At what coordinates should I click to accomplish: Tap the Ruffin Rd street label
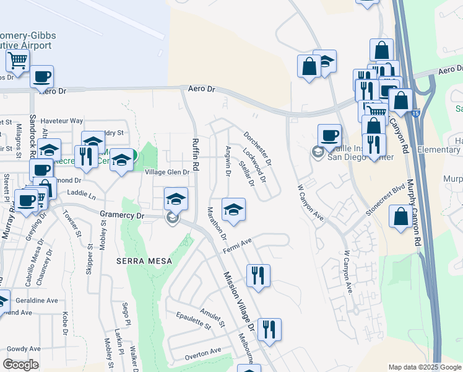point(194,154)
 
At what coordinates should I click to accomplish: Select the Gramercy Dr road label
point(122,215)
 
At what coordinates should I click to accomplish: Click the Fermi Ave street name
point(238,246)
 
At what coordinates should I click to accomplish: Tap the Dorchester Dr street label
point(257,148)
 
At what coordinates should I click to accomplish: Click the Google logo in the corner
point(20,365)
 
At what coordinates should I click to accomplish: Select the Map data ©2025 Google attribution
point(424,367)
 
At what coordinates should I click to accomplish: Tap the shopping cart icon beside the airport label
point(18,61)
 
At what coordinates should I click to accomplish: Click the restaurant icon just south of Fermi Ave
point(258,275)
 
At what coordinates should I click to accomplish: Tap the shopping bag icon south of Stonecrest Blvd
point(400,218)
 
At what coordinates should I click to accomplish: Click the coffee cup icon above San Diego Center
point(329,135)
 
